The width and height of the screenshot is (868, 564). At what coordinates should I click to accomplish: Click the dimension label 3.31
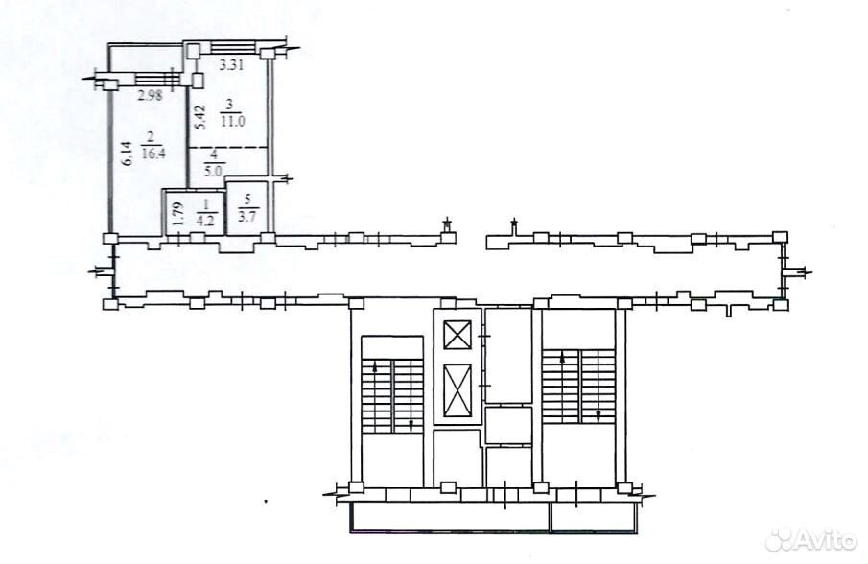tap(232, 65)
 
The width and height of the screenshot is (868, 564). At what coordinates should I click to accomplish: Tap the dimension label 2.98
tap(150, 95)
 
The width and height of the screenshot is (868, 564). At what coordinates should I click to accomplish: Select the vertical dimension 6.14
tap(128, 153)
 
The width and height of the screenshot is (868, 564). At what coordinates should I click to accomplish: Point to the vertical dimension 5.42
tap(201, 117)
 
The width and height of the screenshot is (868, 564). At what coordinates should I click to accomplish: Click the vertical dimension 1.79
tap(177, 214)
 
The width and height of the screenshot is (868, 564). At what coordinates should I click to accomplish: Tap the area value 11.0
tap(232, 122)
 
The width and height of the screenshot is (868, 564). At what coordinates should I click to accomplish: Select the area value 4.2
tap(207, 217)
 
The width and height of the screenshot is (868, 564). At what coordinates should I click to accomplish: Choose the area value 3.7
tap(246, 217)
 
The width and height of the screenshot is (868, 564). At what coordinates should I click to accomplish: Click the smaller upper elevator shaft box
tap(457, 335)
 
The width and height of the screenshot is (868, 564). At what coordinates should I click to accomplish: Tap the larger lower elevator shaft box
tap(457, 389)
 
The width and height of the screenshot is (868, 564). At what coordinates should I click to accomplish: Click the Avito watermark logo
tap(812, 538)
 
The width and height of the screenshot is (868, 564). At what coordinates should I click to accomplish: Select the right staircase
tap(579, 387)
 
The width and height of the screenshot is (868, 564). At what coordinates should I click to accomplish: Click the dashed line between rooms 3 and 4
tap(227, 147)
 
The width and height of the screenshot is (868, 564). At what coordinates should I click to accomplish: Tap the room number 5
tap(247, 199)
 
